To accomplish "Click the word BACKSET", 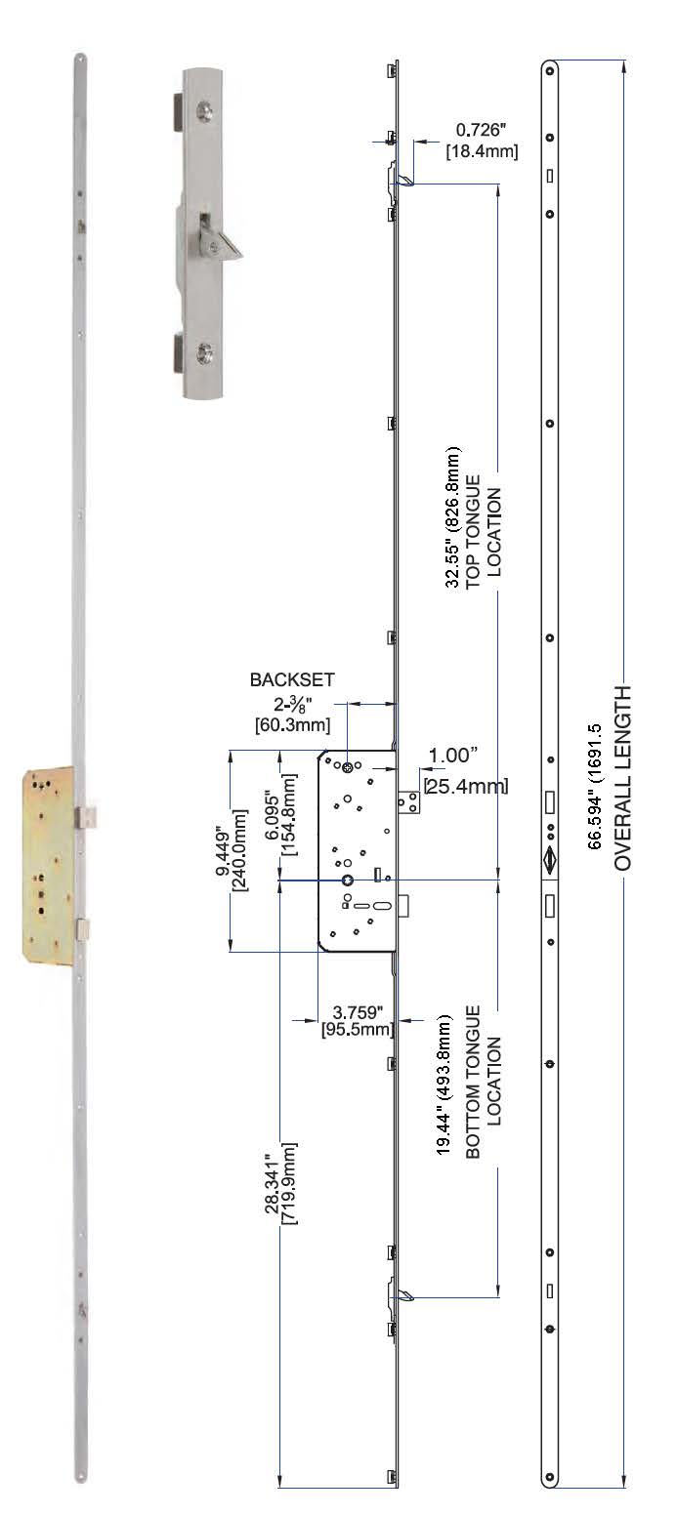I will tap(292, 680).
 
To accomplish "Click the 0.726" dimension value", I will tap(486, 130).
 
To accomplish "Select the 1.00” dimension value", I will tap(453, 755).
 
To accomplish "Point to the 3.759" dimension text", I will tap(359, 1012).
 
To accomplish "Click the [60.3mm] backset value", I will tap(292, 724).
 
